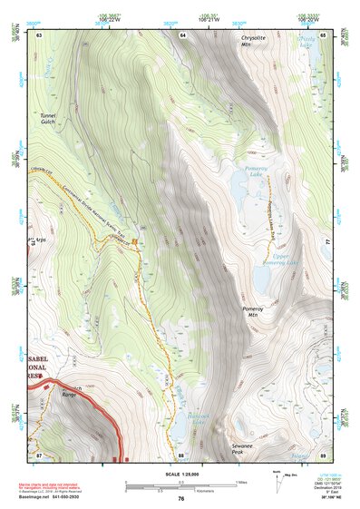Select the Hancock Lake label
(x=199, y=416)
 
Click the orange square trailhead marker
(x=135, y=241)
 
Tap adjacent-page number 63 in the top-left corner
(x=39, y=34)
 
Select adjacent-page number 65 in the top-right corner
(x=323, y=34)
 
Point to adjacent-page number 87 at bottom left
(x=39, y=454)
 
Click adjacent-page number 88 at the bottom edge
(x=181, y=455)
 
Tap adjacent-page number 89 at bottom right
(x=323, y=455)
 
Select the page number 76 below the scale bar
(x=180, y=497)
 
